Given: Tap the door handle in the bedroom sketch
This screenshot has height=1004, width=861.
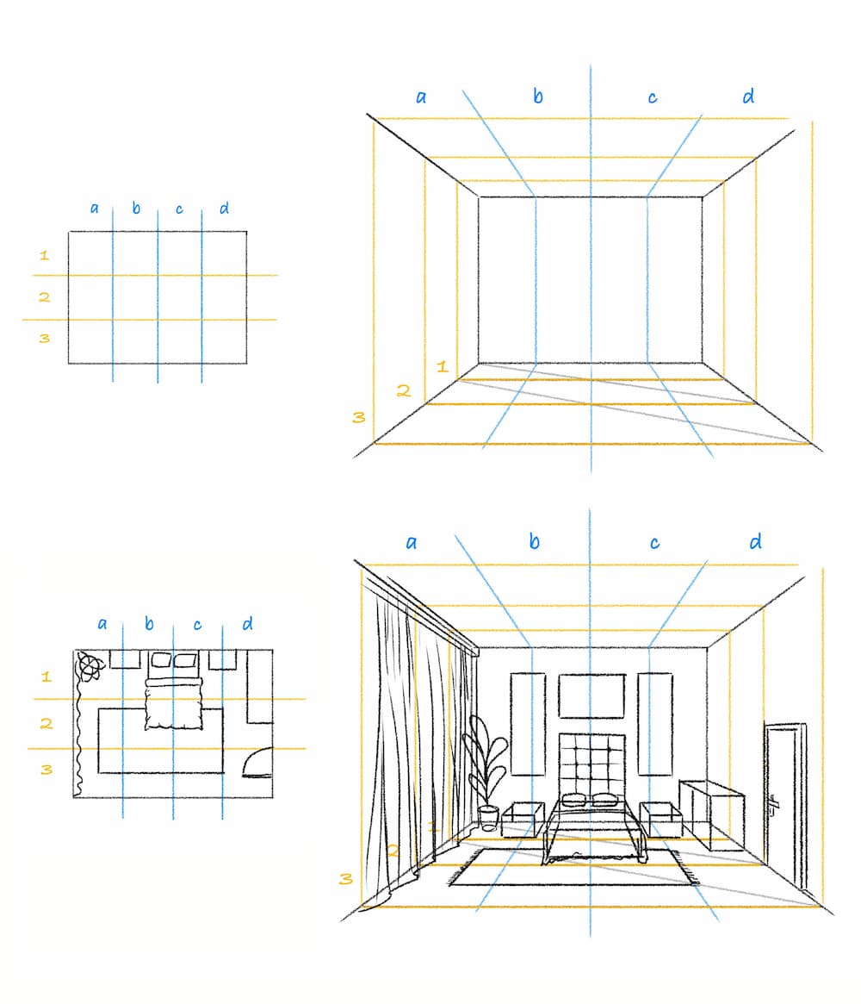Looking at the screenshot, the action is (x=772, y=806).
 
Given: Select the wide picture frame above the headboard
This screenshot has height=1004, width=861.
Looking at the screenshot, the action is (x=591, y=695).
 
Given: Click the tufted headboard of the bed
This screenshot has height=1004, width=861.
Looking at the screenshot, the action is (x=592, y=765).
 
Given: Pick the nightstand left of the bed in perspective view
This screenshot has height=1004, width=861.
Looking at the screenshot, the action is (x=523, y=820).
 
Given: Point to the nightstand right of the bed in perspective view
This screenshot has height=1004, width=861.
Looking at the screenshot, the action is (x=660, y=820).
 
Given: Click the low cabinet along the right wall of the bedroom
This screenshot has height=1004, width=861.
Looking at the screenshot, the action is (x=711, y=814).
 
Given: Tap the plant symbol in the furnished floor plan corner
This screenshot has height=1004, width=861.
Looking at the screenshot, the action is (x=90, y=666).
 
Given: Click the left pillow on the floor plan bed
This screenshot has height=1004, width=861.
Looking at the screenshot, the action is (x=160, y=659).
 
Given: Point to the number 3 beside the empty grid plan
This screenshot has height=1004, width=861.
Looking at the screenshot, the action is (x=44, y=338).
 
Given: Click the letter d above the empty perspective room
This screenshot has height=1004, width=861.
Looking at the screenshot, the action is (x=748, y=96).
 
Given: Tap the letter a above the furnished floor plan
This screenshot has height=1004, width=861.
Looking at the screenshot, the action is (x=102, y=624).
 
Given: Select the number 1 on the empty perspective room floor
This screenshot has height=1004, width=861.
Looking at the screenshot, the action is (x=442, y=366).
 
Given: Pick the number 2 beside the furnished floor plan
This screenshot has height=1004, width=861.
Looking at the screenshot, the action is (x=46, y=724).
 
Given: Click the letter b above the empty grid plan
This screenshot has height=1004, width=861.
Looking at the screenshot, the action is (x=136, y=208).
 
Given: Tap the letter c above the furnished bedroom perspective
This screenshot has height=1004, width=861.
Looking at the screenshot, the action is (x=654, y=543).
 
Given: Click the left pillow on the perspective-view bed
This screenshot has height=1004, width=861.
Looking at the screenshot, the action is (x=573, y=799).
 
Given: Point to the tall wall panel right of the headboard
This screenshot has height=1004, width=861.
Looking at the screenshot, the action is (x=655, y=724).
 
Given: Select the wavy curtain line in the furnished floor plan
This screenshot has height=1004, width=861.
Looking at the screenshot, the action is (x=79, y=736).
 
